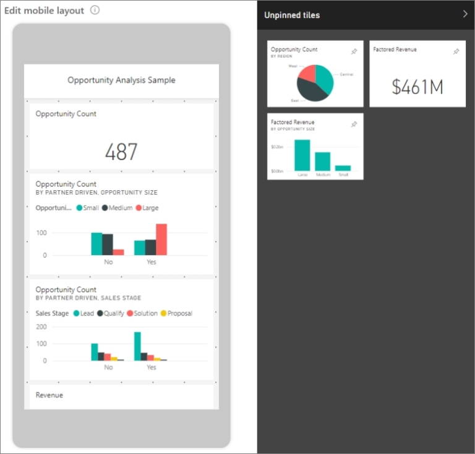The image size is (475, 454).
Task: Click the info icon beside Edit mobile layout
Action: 95,11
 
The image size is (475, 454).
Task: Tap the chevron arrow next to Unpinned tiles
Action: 465,14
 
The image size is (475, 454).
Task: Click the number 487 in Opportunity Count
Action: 121,152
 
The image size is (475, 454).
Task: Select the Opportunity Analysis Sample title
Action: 121,80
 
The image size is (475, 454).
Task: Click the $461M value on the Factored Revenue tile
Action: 417,87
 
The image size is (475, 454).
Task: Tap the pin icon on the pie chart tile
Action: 354,52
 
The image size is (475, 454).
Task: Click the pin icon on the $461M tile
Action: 456,52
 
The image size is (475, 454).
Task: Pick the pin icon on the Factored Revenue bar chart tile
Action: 354,124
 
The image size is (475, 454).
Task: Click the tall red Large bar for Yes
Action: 161,239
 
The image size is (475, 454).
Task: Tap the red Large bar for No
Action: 118,252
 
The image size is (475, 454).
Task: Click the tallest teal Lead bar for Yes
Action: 137,346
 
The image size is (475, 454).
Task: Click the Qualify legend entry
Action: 111,313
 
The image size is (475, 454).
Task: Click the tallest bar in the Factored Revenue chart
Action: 302,155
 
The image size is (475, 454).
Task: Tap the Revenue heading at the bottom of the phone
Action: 49,395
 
